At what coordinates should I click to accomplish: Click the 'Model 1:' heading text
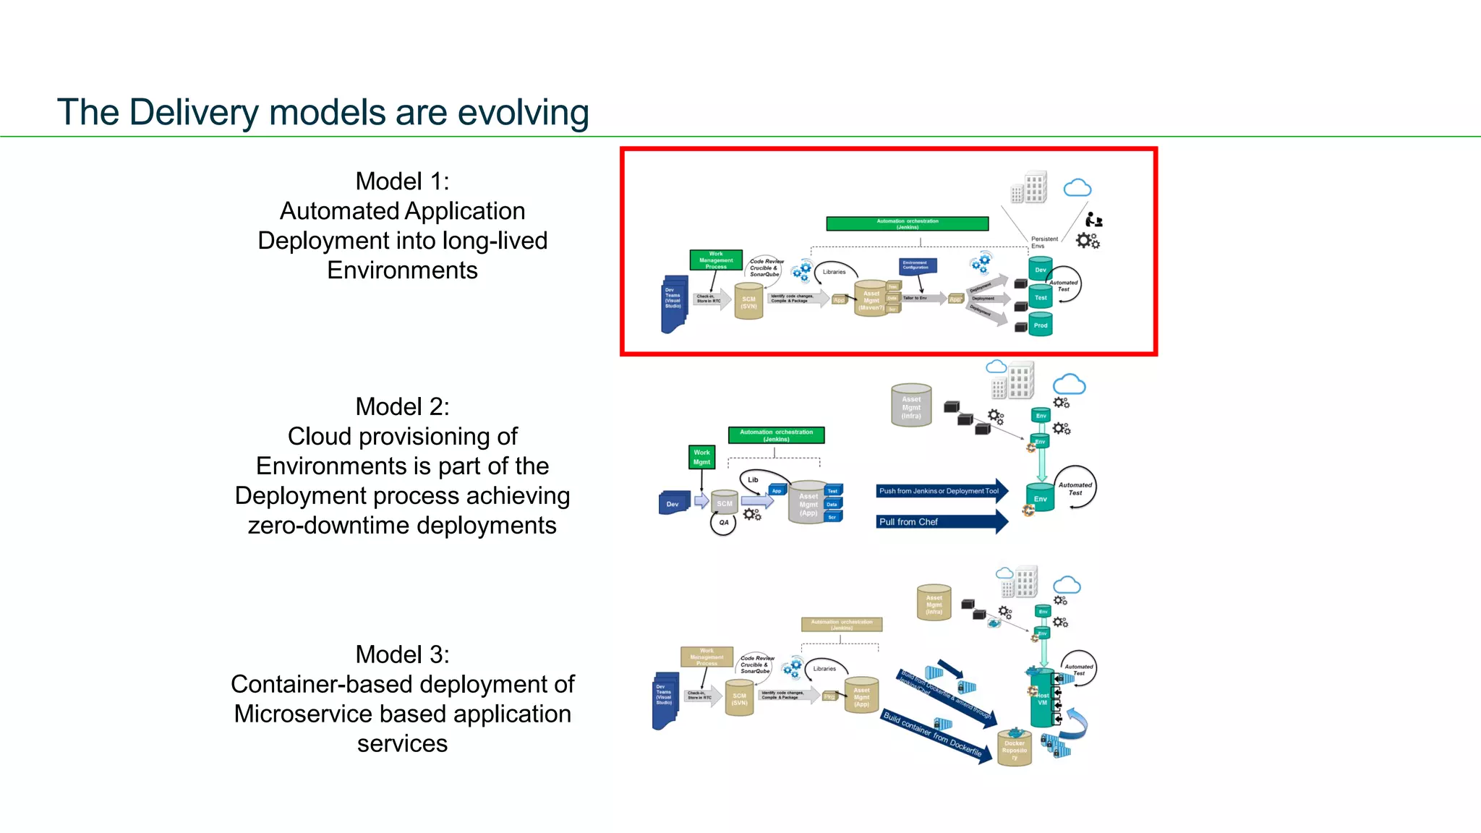pos(402,181)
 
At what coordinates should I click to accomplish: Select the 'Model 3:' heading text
pos(402,654)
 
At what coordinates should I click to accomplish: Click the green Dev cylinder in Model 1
pos(1040,269)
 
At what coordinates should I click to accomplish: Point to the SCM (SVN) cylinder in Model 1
pos(748,302)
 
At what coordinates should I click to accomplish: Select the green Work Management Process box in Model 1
pos(715,260)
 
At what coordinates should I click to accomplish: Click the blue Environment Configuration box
pos(918,265)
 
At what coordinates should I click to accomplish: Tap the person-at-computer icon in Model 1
pos(1093,220)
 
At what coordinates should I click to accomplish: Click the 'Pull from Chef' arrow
pos(940,522)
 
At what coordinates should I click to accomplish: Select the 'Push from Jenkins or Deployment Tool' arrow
pos(940,491)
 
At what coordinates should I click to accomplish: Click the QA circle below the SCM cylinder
pos(723,523)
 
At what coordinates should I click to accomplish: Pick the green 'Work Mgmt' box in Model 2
pos(701,457)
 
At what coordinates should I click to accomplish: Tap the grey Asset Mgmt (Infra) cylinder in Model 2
pos(911,406)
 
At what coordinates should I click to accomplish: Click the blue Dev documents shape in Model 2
pos(673,504)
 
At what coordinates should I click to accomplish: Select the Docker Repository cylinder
pos(1014,748)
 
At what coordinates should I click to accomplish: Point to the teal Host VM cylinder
pos(1041,699)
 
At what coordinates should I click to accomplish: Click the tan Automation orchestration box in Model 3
pos(842,625)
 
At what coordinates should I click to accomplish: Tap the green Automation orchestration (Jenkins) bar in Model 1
pos(907,224)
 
